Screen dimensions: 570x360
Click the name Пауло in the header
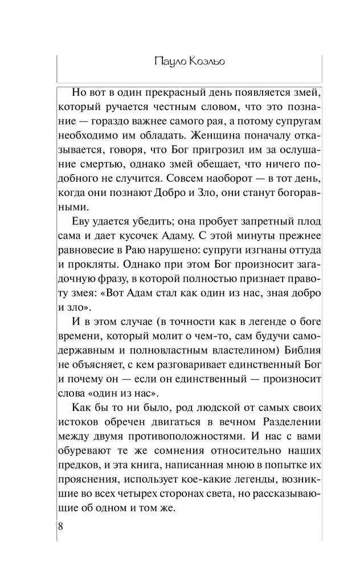169,62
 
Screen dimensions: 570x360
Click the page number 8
61,525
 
